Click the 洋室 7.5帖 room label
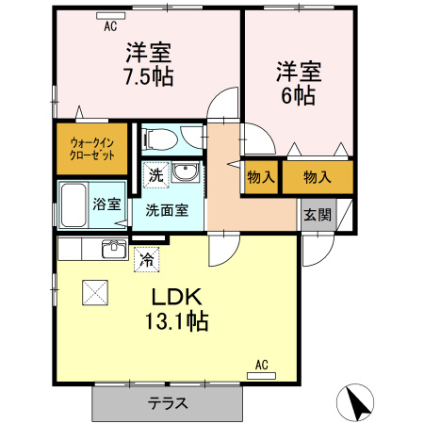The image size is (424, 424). (x=149, y=64)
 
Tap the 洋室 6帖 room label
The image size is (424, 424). (x=299, y=84)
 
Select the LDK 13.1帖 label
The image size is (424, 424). (x=176, y=308)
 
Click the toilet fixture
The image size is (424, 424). (x=160, y=139)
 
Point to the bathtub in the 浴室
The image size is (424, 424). (x=73, y=205)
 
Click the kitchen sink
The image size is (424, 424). (x=114, y=249)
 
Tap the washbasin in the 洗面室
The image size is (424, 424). (x=186, y=172)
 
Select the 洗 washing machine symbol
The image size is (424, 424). (x=156, y=174)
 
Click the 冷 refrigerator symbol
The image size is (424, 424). (x=147, y=259)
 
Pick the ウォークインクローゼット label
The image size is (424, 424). (x=92, y=149)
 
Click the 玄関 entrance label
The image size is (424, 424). (x=318, y=215)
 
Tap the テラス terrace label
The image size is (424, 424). (x=168, y=403)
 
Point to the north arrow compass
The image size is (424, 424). (x=355, y=402)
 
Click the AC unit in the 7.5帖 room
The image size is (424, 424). (x=111, y=16)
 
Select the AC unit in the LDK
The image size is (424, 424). (x=261, y=376)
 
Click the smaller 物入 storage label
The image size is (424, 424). (x=261, y=177)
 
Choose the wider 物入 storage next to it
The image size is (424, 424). (x=318, y=177)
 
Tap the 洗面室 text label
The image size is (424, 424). (x=167, y=210)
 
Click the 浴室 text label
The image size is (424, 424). (x=106, y=204)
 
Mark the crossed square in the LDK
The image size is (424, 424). (x=95, y=292)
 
